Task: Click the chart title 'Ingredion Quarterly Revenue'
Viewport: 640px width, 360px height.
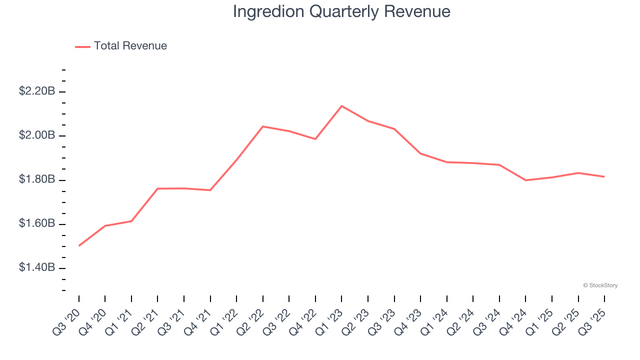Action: point(341,11)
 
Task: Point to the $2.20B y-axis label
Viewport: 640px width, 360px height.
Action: point(37,91)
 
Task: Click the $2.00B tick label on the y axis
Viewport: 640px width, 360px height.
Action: point(37,135)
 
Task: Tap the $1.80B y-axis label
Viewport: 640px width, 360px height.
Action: point(37,179)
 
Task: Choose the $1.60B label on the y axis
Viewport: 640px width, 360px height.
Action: point(37,223)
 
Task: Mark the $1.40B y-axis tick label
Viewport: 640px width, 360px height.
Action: point(37,268)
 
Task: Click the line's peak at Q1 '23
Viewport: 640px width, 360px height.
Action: point(341,106)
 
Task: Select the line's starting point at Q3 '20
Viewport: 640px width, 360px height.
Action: point(79,245)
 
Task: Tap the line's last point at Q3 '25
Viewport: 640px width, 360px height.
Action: point(604,176)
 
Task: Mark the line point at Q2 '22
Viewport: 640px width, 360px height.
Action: point(263,126)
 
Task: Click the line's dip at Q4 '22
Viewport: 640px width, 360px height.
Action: point(315,139)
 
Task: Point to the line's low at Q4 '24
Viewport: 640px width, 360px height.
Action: point(525,180)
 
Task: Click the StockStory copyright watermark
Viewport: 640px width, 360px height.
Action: point(600,285)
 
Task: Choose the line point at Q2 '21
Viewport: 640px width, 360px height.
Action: point(158,188)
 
